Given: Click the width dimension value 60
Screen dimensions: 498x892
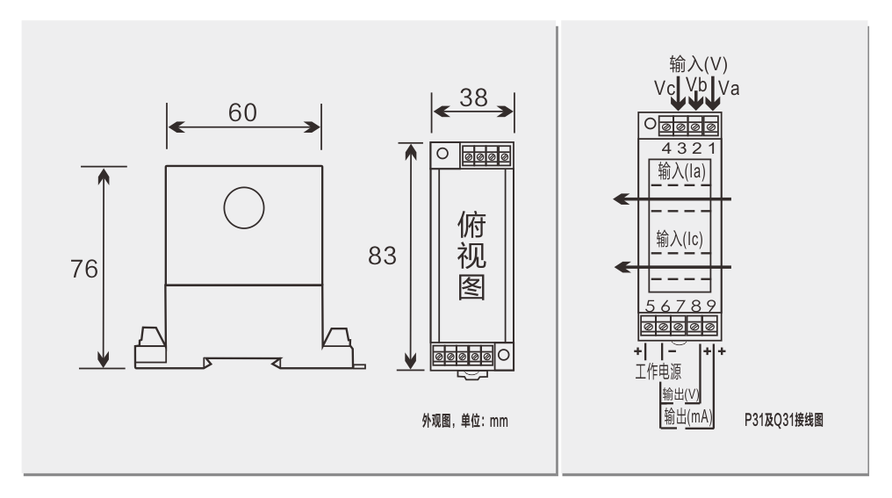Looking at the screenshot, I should (243, 113).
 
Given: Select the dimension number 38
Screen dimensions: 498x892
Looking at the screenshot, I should (473, 98).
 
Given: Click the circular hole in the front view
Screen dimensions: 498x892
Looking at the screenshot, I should (244, 209).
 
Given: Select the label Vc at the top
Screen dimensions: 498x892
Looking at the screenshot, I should (664, 89).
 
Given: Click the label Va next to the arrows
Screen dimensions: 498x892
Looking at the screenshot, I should (730, 89).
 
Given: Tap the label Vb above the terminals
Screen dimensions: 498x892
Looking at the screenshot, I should (696, 84).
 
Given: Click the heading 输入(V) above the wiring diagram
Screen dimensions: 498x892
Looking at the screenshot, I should (698, 64).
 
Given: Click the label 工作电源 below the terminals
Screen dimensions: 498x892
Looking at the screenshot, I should (658, 371).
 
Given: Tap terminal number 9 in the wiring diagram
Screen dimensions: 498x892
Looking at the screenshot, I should (710, 307).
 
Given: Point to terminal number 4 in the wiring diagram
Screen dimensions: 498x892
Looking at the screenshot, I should (666, 148).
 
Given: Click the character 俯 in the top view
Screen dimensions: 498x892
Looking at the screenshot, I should (471, 227).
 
